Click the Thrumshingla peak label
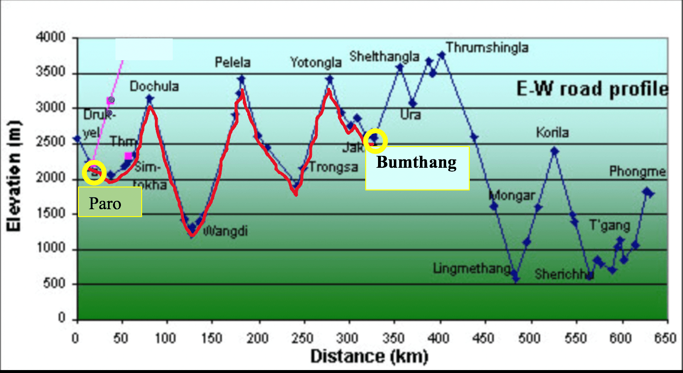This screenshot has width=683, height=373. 487,47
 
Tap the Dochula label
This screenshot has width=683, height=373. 154,87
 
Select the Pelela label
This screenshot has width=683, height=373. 232,63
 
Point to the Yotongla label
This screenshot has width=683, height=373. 316,63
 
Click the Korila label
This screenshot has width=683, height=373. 553,133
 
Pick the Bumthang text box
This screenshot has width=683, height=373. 417,168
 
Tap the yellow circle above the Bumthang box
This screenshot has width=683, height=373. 376,141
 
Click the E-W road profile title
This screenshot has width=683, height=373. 592,89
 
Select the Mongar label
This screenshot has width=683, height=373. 512,196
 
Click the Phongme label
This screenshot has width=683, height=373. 638,172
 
